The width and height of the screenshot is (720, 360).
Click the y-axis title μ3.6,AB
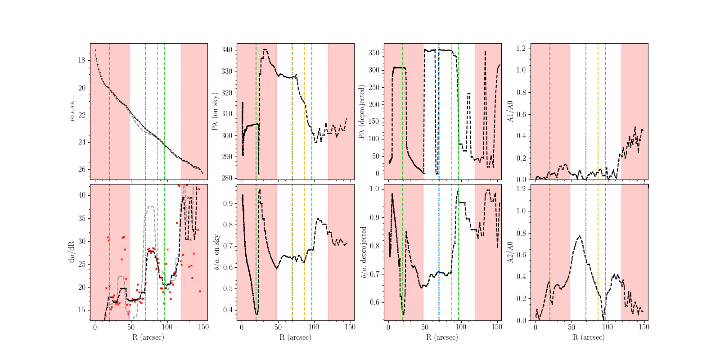(72, 111)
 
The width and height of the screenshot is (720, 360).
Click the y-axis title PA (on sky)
(215, 112)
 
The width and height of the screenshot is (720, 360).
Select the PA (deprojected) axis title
(362, 112)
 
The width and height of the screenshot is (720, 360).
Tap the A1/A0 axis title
(510, 112)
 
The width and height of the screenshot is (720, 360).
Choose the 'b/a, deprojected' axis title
(364, 252)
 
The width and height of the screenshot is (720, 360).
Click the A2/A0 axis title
(510, 252)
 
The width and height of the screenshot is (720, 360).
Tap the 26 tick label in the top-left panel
(81, 170)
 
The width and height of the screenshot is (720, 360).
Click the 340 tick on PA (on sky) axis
(226, 50)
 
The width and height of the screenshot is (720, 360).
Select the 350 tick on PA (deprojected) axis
(373, 53)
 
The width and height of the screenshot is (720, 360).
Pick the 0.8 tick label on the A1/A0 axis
(521, 92)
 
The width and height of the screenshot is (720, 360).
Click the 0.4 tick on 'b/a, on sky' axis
(228, 310)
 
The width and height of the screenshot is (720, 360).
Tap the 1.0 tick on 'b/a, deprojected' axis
(375, 189)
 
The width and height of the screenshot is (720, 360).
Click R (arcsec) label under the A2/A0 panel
(589, 337)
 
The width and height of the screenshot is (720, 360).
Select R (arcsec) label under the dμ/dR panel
(148, 337)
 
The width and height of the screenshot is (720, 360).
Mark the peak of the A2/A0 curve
(580, 236)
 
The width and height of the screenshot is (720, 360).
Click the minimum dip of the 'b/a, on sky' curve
(256, 314)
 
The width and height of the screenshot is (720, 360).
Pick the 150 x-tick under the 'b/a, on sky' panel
(350, 327)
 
